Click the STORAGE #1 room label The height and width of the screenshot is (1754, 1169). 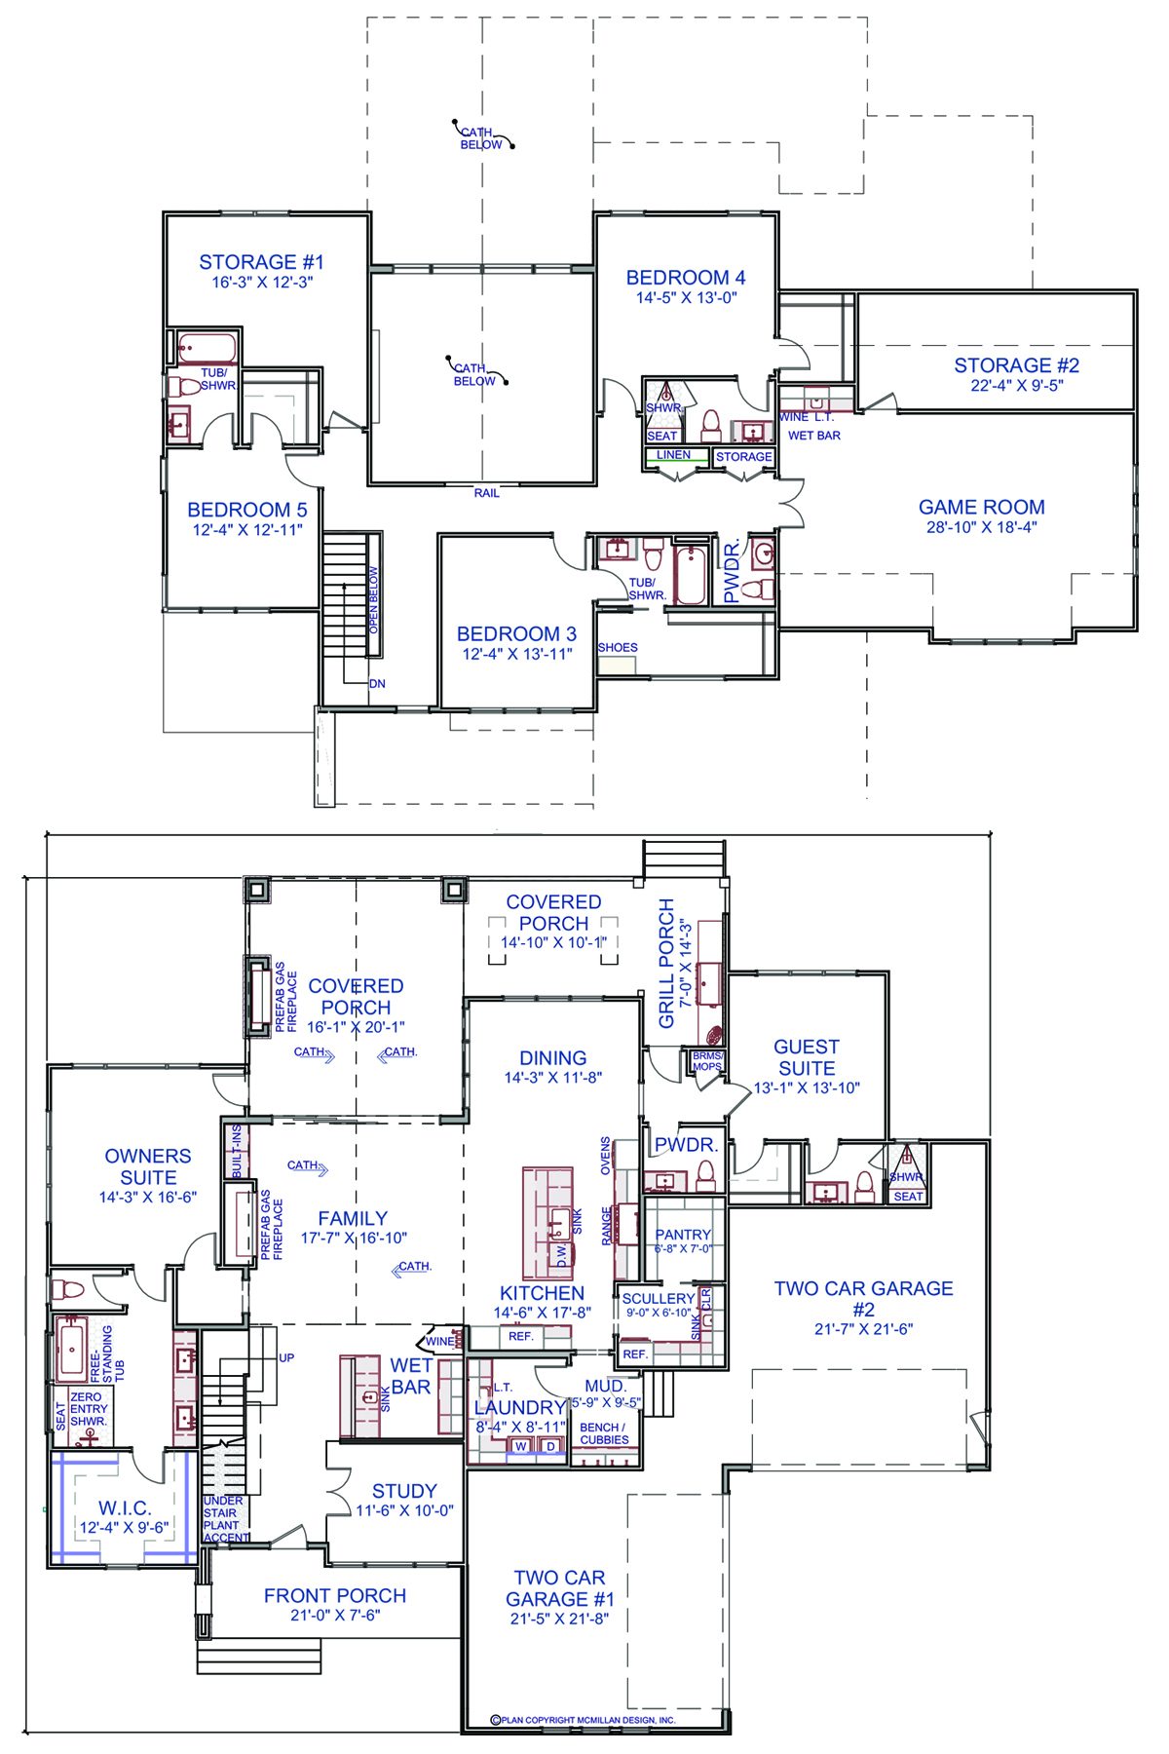tap(261, 262)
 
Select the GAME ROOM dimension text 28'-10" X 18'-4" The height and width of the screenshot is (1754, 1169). tap(982, 527)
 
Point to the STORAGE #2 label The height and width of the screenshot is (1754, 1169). tap(1017, 365)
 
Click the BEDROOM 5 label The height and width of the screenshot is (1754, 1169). tap(247, 510)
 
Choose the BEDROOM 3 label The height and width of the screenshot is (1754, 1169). tap(517, 633)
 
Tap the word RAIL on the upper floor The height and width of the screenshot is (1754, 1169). tap(487, 493)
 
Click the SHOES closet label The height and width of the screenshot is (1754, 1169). tap(618, 647)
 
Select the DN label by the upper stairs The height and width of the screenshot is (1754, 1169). tap(377, 684)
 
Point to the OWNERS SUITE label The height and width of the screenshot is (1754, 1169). tap(148, 1166)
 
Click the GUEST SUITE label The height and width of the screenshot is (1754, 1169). tap(807, 1057)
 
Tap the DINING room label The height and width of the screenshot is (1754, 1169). tap(553, 1058)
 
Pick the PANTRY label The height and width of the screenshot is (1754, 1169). tap(683, 1235)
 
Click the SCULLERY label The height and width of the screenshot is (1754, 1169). tap(659, 1299)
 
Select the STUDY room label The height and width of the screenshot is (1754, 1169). tap(404, 1491)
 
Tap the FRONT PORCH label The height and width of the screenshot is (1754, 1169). tap(335, 1595)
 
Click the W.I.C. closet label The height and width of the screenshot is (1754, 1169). tap(125, 1508)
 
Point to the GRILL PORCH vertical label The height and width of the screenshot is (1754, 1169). tap(667, 963)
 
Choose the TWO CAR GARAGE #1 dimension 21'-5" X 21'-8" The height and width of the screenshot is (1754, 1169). tap(560, 1619)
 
